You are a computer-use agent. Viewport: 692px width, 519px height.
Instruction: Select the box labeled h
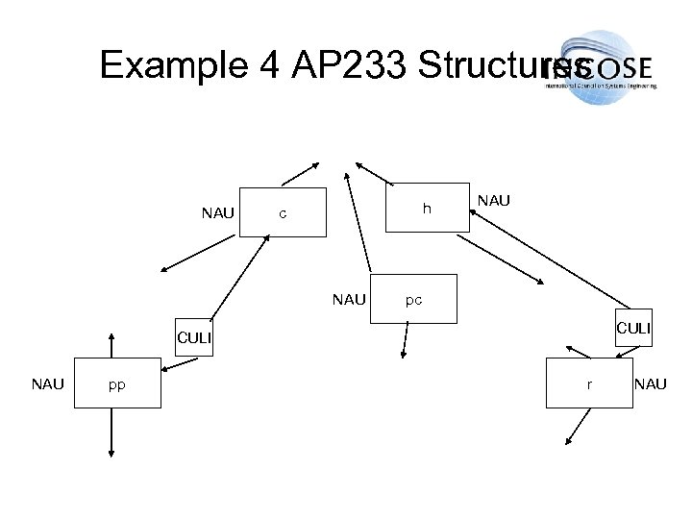coord(427,207)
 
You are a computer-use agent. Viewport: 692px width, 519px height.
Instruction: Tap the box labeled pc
coord(414,299)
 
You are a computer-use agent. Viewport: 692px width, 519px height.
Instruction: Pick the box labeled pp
coord(116,384)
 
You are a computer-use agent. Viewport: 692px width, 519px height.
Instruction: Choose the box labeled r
coord(589,383)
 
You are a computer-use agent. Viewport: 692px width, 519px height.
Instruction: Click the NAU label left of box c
coord(217,212)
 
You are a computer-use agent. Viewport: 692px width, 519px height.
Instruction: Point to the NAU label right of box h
coord(493,201)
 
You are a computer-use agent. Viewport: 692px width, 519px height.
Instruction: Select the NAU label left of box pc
coord(348,300)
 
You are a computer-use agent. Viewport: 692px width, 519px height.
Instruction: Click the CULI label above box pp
coord(192,337)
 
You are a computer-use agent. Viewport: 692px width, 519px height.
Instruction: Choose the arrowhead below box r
coord(568,441)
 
